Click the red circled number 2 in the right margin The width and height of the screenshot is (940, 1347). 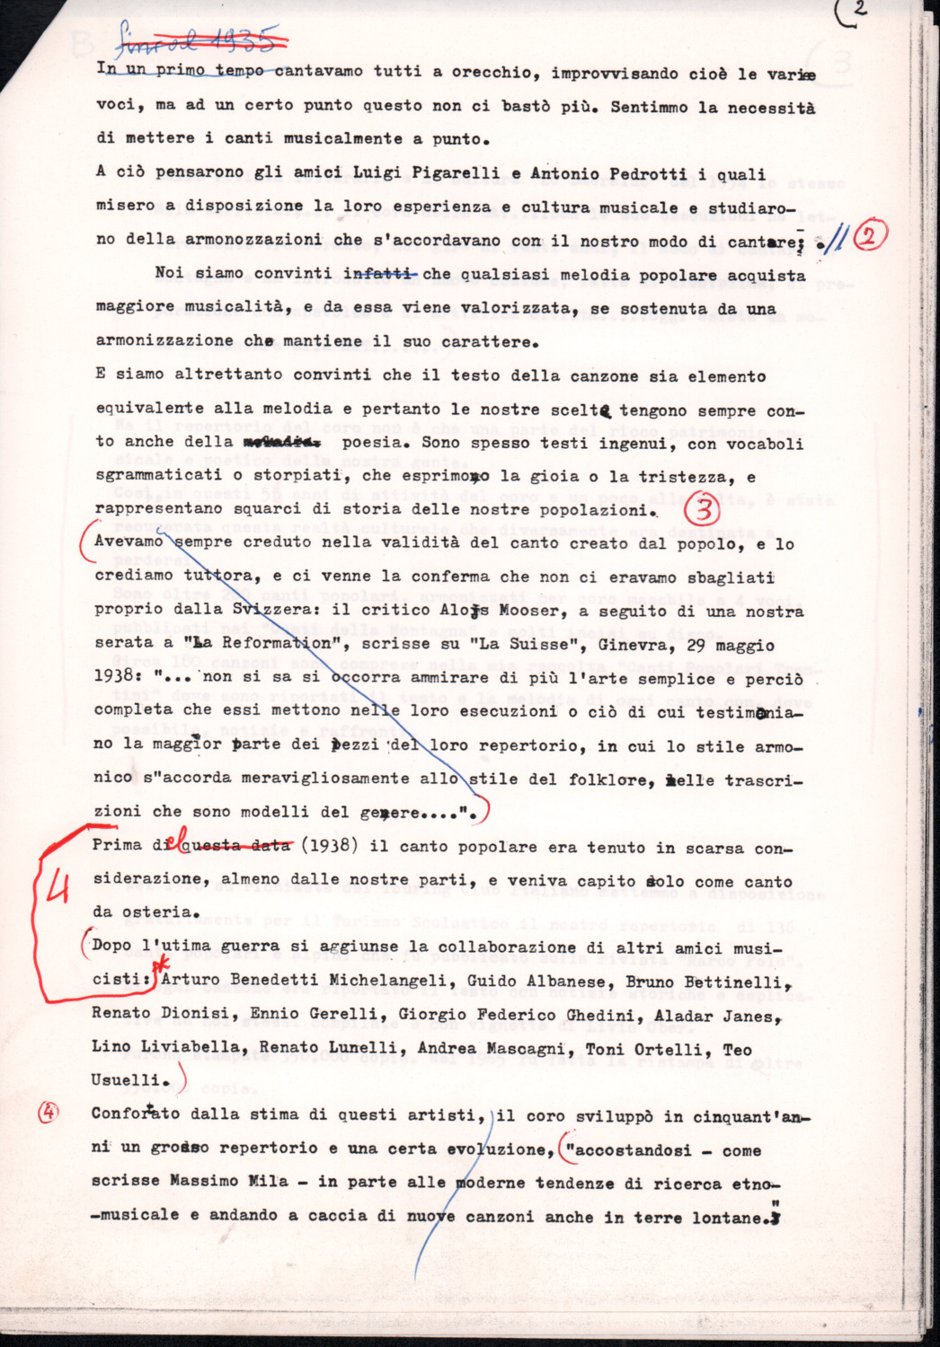click(870, 236)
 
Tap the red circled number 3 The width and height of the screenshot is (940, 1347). click(705, 510)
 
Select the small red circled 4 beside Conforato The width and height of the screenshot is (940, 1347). click(49, 1112)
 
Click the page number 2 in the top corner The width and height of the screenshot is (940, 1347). click(859, 8)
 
